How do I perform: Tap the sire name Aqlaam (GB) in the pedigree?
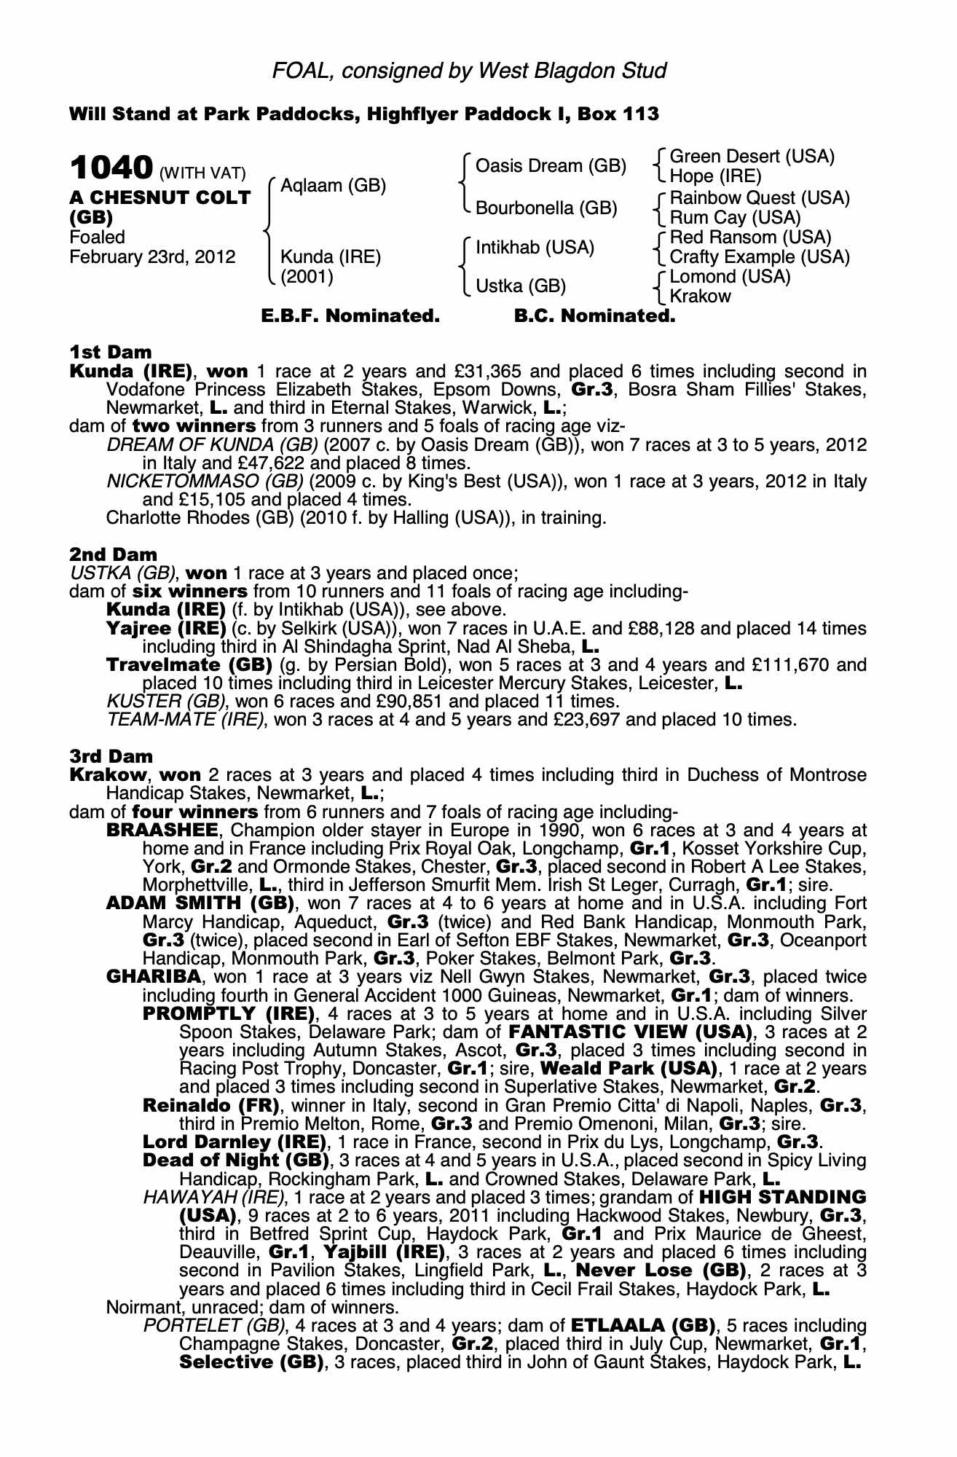pos(333,185)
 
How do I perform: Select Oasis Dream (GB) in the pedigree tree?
pos(551,166)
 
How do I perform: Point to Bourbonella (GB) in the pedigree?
pos(546,208)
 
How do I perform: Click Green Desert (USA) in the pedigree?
pos(752,157)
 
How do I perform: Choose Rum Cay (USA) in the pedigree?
pos(735,218)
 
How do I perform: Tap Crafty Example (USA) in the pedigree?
pos(759,257)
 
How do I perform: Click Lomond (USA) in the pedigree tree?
pos(730,277)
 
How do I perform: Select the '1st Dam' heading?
pos(111,353)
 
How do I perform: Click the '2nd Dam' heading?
pos(113,555)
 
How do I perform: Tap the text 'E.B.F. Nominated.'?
pos(350,317)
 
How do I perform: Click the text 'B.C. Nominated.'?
pos(594,317)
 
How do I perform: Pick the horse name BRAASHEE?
pos(162,830)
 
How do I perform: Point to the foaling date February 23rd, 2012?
pos(152,256)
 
